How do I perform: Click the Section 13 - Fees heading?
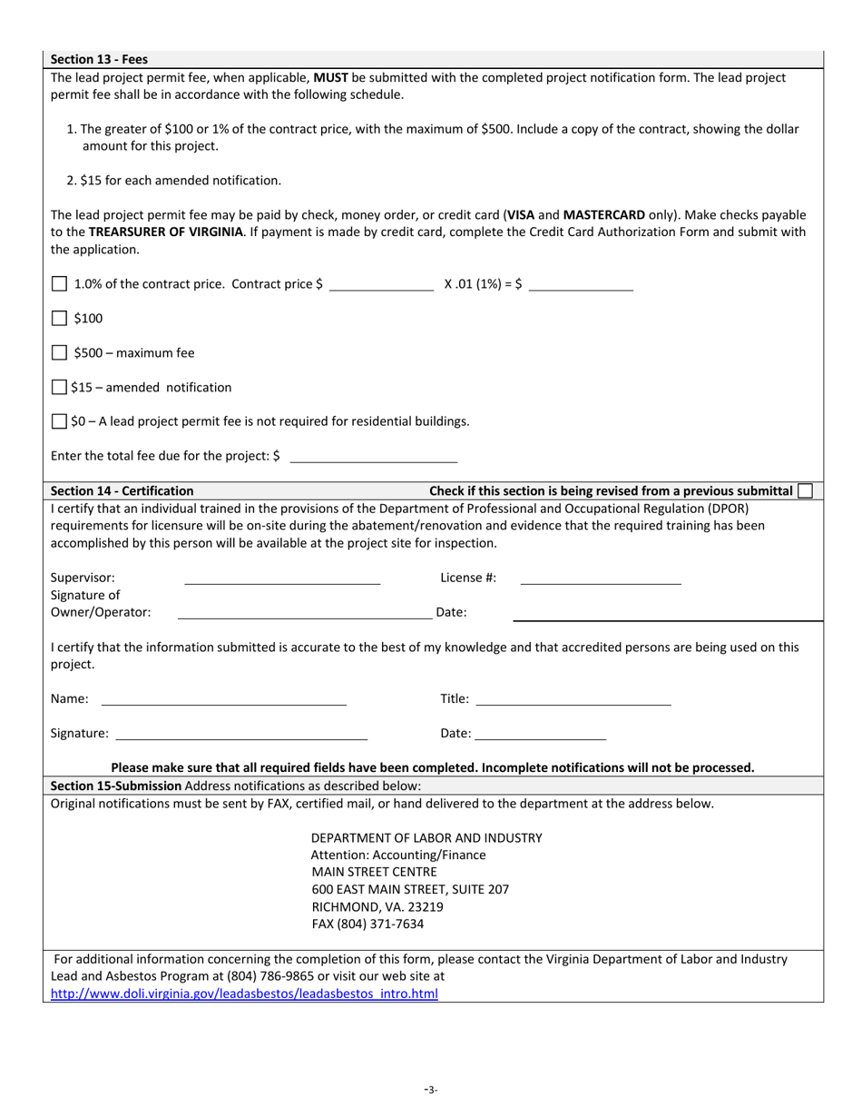[x=99, y=60]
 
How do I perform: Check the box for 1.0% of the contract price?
[x=60, y=284]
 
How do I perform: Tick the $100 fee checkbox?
[x=60, y=319]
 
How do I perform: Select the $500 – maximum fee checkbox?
[x=60, y=353]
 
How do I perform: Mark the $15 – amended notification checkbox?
[x=60, y=388]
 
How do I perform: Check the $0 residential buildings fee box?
[x=60, y=421]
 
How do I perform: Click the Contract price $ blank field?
[x=381, y=284]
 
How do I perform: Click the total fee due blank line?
[x=373, y=456]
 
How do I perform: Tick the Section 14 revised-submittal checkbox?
[x=805, y=491]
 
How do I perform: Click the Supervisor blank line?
[x=282, y=578]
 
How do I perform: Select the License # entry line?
[x=600, y=578]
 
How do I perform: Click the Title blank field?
[x=573, y=699]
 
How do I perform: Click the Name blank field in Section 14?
[x=224, y=699]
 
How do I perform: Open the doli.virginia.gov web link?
[x=244, y=994]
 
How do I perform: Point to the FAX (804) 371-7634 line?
[x=367, y=924]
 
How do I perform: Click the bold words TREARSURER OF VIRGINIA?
[x=166, y=232]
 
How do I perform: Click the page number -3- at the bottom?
[x=431, y=1090]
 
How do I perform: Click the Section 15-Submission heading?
[x=116, y=786]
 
